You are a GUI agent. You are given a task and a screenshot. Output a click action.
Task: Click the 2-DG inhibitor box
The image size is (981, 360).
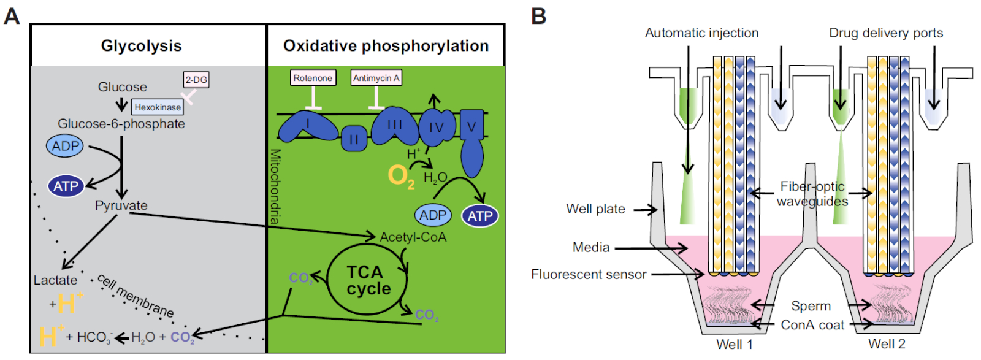click(x=196, y=80)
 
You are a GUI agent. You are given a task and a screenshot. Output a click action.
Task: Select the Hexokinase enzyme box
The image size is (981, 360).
click(x=158, y=107)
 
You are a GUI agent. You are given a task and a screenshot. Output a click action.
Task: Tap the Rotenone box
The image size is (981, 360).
click(x=313, y=78)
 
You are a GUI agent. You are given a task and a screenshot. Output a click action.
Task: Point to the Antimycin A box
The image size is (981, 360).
click(x=376, y=78)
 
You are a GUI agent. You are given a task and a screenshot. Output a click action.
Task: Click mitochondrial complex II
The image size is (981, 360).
click(x=354, y=139)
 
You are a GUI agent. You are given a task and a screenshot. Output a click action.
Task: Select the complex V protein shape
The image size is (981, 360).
click(x=471, y=144)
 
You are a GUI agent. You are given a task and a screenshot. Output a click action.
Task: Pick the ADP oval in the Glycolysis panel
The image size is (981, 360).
click(x=65, y=146)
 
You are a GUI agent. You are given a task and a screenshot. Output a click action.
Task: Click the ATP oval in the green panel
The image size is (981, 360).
click(x=479, y=216)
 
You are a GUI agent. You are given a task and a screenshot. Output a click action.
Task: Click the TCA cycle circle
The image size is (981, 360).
click(x=368, y=280)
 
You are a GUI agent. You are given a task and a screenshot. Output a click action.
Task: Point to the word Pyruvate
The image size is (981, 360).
click(x=121, y=205)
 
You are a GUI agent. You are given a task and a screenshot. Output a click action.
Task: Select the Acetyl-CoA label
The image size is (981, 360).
click(x=413, y=237)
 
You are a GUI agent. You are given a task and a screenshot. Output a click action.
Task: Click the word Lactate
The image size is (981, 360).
click(x=55, y=280)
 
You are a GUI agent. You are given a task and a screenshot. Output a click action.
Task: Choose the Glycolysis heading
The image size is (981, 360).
click(x=141, y=46)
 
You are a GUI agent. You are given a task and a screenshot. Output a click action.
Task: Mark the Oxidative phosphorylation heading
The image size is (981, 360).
click(x=386, y=46)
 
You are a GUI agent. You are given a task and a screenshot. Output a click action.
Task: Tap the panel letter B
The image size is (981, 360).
click(x=538, y=16)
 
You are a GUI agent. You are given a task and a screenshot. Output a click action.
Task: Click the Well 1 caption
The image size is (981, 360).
click(x=734, y=344)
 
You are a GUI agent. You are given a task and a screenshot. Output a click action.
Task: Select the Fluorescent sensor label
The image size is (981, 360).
click(x=589, y=274)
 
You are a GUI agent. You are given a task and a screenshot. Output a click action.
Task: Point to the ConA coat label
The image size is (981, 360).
click(x=812, y=325)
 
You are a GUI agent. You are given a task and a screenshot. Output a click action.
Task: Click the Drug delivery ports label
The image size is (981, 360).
click(x=886, y=33)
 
